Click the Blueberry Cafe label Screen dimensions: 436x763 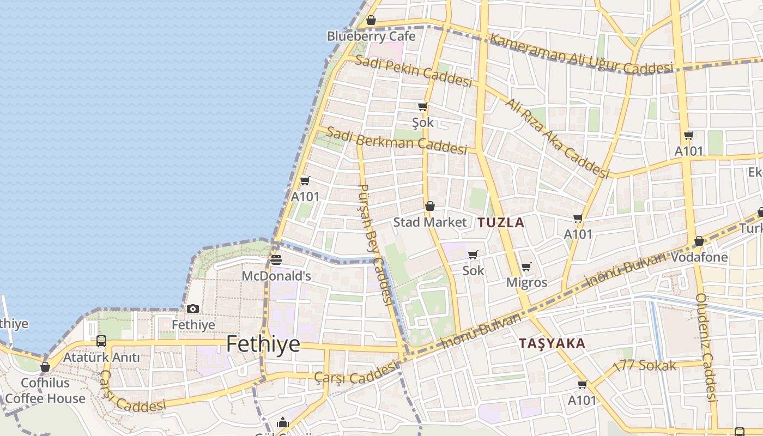(x=371, y=37)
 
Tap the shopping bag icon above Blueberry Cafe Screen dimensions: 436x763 (x=371, y=21)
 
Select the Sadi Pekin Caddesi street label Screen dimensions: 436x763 (x=413, y=71)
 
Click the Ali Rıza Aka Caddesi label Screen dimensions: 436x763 (x=556, y=138)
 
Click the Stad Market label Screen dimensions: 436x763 (x=430, y=222)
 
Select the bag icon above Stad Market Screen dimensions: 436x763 (x=430, y=206)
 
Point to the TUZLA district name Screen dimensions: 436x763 (x=501, y=222)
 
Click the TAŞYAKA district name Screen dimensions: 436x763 (x=552, y=344)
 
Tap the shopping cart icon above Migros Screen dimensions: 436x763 (x=526, y=267)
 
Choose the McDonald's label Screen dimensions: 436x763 (x=276, y=276)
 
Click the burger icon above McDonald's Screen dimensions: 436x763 (x=276, y=260)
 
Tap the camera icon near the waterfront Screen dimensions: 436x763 (x=192, y=309)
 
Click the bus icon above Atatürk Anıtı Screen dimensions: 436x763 (x=101, y=341)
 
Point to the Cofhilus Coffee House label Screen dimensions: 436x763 (x=45, y=391)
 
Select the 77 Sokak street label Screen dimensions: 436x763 (x=645, y=366)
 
